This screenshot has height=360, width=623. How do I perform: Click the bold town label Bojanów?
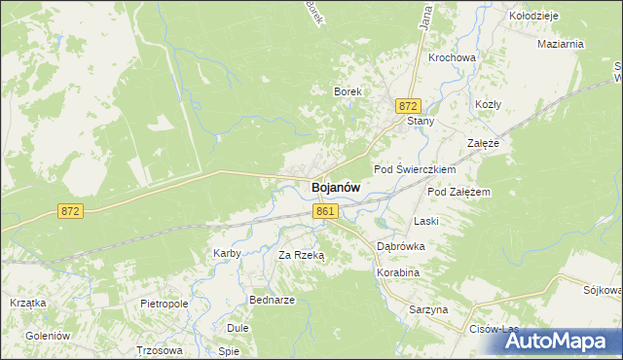click(336, 188)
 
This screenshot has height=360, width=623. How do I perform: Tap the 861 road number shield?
click(326, 211)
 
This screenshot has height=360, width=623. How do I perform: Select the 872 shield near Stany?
click(408, 105)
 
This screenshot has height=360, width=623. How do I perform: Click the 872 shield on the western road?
click(69, 210)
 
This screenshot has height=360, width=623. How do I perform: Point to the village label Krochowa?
click(452, 57)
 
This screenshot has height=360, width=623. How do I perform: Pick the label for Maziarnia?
click(560, 44)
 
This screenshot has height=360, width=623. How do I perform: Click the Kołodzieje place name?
click(533, 16)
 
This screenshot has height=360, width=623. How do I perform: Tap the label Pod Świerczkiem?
click(416, 169)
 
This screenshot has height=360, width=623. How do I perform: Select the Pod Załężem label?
click(458, 192)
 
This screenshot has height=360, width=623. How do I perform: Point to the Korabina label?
click(397, 273)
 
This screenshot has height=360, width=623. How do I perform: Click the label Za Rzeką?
click(301, 255)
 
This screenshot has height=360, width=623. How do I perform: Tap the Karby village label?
click(227, 253)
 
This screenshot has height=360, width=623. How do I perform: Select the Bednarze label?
click(272, 300)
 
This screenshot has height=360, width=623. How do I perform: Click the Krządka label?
click(28, 303)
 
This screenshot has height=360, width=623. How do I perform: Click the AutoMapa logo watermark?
click(566, 341)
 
